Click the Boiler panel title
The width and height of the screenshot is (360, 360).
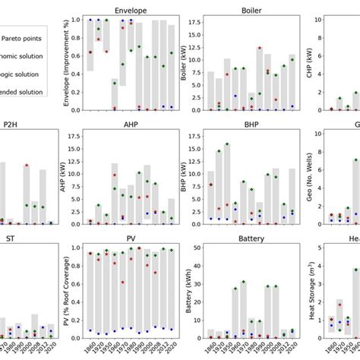coord(251,11)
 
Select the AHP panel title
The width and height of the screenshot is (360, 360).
coord(131,130)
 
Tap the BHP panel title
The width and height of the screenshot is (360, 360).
coord(251,130)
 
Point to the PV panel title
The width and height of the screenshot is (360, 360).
coord(131,240)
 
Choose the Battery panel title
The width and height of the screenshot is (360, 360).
coord(251,240)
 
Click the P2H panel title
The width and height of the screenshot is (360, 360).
coord(11,130)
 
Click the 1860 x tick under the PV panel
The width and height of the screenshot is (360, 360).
coord(91,348)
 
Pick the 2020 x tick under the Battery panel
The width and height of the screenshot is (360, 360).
coord(292,348)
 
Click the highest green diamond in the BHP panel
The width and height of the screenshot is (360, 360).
coord(227,144)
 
